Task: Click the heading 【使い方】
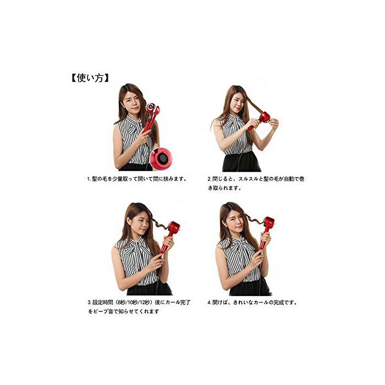(x=90, y=78)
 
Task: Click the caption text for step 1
(x=137, y=179)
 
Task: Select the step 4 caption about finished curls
(x=252, y=302)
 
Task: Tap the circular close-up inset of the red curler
(x=161, y=159)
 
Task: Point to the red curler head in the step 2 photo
(x=264, y=117)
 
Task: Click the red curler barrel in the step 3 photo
(x=173, y=228)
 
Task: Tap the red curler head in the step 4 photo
(x=268, y=223)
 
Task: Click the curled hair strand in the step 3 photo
(x=160, y=224)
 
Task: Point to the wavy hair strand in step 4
(x=254, y=219)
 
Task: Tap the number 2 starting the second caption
(x=209, y=179)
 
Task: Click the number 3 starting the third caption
(x=89, y=302)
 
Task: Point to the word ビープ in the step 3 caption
(x=101, y=311)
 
